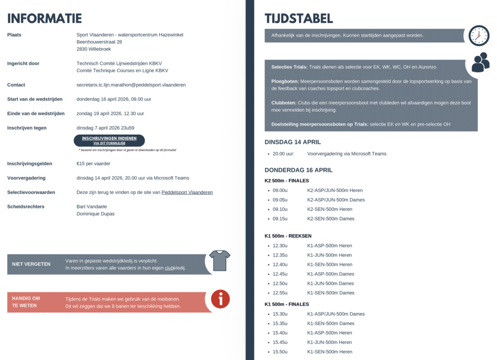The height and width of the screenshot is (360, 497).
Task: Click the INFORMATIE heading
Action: click(44, 18)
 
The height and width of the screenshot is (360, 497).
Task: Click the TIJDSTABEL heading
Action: click(298, 18)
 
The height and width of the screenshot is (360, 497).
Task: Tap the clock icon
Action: click(479, 35)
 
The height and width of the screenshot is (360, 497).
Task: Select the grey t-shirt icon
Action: click(219, 260)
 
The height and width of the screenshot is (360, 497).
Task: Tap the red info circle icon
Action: click(220, 299)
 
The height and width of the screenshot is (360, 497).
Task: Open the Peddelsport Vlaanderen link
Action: click(187, 192)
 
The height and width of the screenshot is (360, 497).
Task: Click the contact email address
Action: click(131, 85)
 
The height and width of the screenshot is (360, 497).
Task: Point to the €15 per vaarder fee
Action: click(93, 164)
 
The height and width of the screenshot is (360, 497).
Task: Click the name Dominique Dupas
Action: click(96, 214)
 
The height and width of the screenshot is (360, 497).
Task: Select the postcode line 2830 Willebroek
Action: click(94, 49)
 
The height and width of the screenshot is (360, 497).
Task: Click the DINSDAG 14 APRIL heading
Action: click(293, 142)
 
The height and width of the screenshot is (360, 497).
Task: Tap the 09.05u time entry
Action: click(280, 200)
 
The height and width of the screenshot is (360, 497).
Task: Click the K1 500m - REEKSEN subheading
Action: click(288, 236)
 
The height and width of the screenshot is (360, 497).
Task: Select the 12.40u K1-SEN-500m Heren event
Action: click(330, 264)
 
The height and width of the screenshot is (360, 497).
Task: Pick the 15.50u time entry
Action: click(280, 352)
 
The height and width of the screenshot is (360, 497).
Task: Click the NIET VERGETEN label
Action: click(31, 264)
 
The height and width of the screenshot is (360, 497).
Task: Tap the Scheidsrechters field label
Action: click(26, 207)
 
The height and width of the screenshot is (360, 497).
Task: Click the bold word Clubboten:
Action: click(284, 103)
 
